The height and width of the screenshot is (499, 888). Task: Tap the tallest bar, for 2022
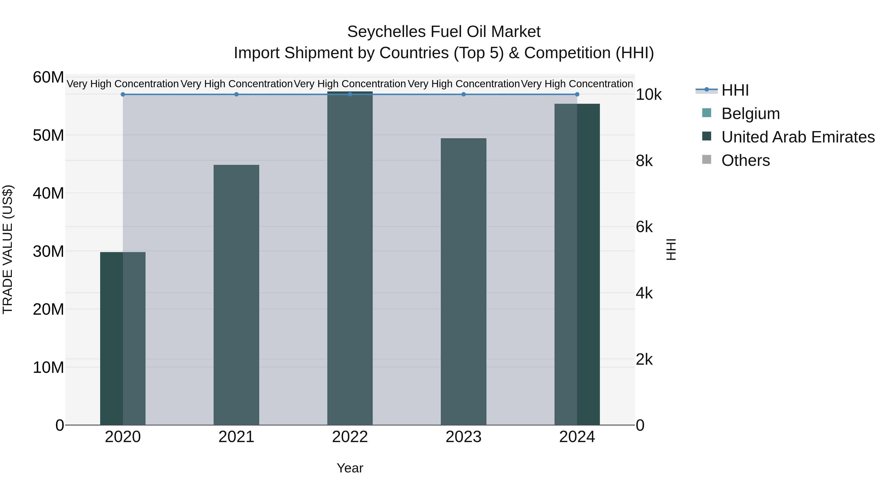click(x=350, y=258)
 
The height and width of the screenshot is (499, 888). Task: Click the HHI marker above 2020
click(x=123, y=94)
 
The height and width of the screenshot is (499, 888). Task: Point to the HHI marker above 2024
click(x=577, y=94)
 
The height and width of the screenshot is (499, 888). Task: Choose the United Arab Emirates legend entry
click(x=798, y=137)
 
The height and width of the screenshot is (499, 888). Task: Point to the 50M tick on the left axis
click(x=48, y=135)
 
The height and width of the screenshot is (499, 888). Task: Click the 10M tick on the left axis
click(x=48, y=367)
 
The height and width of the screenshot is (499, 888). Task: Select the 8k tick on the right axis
click(x=644, y=161)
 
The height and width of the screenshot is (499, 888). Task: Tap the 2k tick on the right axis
click(x=644, y=360)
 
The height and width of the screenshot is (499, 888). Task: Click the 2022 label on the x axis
click(x=350, y=437)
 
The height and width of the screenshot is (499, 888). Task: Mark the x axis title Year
click(x=350, y=468)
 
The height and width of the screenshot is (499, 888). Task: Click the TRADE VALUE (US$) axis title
click(x=8, y=249)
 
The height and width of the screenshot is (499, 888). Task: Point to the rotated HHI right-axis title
click(x=671, y=249)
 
